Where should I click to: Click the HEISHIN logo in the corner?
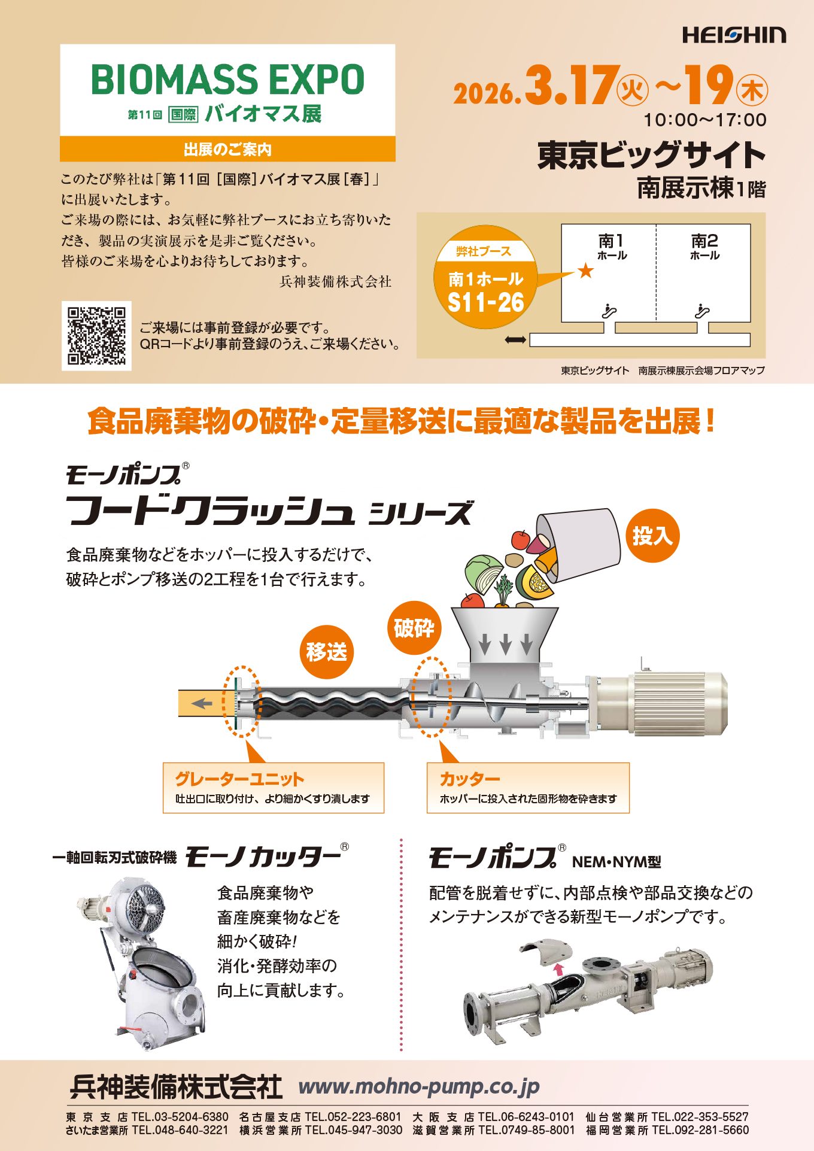tap(734, 35)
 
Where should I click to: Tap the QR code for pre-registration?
tap(96, 336)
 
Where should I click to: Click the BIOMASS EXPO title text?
tap(227, 80)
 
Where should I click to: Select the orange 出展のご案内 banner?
tap(227, 149)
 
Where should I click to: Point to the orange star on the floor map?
tap(585, 271)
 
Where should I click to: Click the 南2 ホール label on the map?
tap(704, 246)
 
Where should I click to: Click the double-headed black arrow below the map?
tap(515, 340)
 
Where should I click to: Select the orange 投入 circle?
tap(652, 536)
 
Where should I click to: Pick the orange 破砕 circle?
tap(414, 628)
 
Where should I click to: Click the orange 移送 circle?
tap(326, 652)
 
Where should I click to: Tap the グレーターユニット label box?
tap(273, 788)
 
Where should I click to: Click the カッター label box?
tap(528, 788)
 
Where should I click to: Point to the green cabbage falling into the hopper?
tap(484, 572)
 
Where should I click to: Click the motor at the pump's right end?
tap(679, 702)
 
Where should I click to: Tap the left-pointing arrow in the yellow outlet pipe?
tap(202, 703)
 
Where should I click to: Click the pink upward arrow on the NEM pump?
tap(558, 969)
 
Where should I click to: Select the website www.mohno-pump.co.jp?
tap(419, 1086)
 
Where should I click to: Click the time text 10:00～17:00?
tap(705, 120)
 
